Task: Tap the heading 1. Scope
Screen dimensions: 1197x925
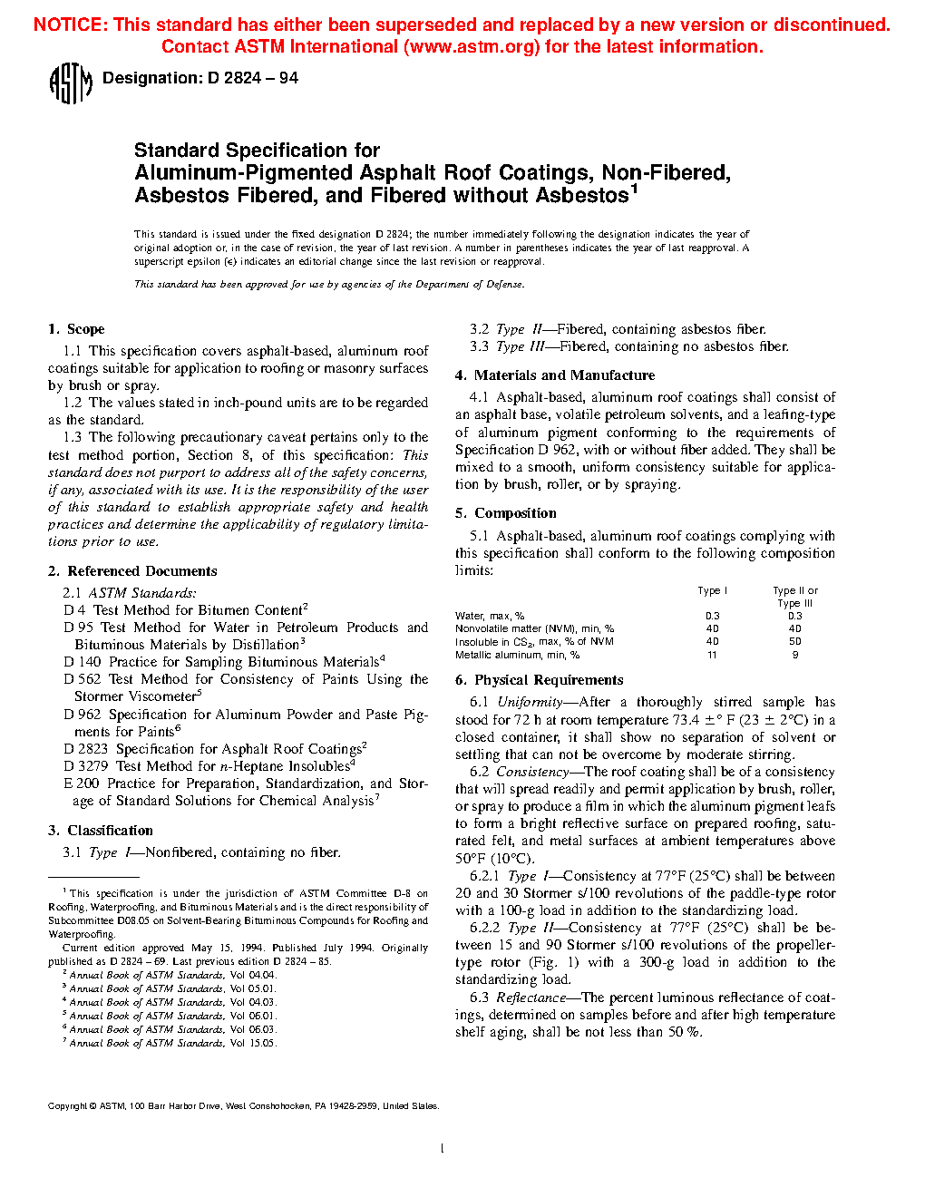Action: (76, 329)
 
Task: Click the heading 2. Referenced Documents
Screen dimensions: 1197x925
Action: (132, 571)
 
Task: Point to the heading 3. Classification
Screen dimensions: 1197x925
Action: (101, 831)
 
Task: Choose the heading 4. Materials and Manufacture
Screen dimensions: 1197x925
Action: (555, 375)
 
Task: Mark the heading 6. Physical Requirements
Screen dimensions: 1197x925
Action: (540, 680)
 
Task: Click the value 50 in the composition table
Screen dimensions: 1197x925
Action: (795, 642)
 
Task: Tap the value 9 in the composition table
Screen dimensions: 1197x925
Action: (795, 655)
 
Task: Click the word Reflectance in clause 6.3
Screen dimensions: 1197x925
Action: (531, 997)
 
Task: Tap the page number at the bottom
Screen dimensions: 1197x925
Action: (442, 1149)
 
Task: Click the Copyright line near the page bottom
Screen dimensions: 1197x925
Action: (243, 1106)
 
